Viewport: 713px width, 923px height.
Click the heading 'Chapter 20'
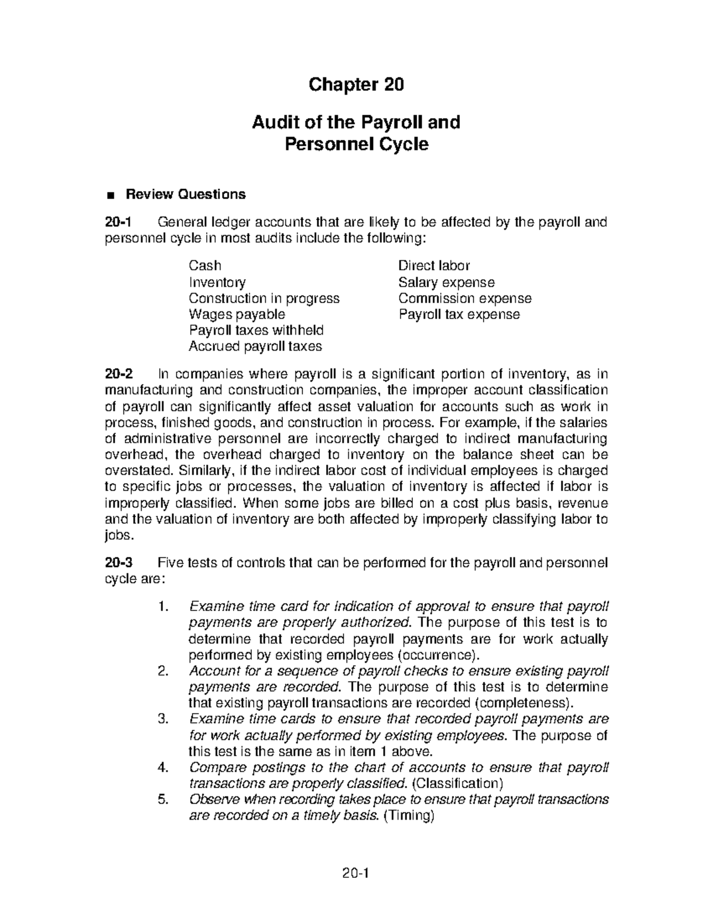tap(356, 86)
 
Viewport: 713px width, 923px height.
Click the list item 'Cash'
tap(204, 266)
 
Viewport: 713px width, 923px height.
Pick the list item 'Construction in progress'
tap(264, 298)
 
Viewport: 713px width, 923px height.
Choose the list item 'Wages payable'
tap(236, 314)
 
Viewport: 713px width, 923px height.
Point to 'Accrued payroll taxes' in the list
tap(255, 346)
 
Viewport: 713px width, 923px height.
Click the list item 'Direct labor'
tap(434, 266)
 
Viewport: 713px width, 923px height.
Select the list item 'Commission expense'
tap(465, 298)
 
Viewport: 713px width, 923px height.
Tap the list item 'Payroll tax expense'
tap(459, 314)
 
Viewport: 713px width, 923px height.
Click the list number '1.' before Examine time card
tap(164, 607)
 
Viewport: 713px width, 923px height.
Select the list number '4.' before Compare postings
tap(164, 767)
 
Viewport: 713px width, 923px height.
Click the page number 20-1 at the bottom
tap(356, 874)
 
